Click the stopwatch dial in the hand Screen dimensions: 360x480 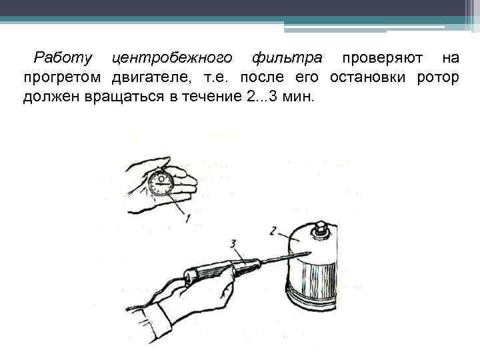(161, 183)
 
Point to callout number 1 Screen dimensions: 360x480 (187, 217)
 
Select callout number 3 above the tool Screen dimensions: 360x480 (233, 244)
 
